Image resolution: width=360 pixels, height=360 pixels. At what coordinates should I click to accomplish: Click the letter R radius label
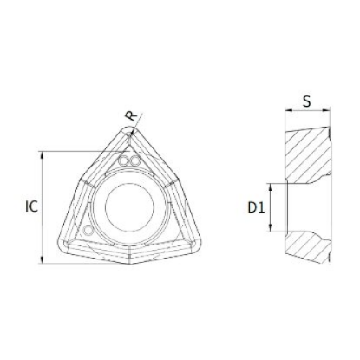coord(132,115)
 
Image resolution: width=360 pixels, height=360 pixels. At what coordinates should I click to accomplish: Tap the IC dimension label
coord(31,206)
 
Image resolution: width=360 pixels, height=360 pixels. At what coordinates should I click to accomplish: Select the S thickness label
coord(307,101)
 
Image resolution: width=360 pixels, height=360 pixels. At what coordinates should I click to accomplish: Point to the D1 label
coord(256,207)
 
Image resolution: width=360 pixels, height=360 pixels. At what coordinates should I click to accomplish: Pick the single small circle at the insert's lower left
coord(88,231)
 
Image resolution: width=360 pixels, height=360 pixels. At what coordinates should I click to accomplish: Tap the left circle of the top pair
coord(124,160)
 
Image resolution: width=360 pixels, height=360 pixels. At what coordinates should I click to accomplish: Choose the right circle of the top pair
coord(134,160)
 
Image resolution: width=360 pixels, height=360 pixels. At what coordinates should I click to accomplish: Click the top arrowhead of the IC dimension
coord(43,154)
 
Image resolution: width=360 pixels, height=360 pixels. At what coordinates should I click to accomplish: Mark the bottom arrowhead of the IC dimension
coord(43,259)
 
